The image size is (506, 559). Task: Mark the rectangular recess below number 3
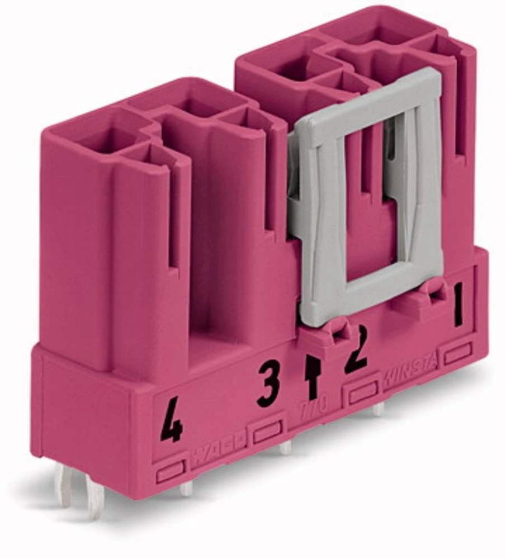pyautogui.click(x=267, y=432)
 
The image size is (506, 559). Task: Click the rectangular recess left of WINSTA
pyautogui.click(x=362, y=394)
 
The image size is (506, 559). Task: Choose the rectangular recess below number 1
pyautogui.click(x=458, y=353)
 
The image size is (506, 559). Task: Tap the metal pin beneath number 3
pyautogui.click(x=285, y=447)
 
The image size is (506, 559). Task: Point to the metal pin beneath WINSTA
pyautogui.click(x=379, y=410)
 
